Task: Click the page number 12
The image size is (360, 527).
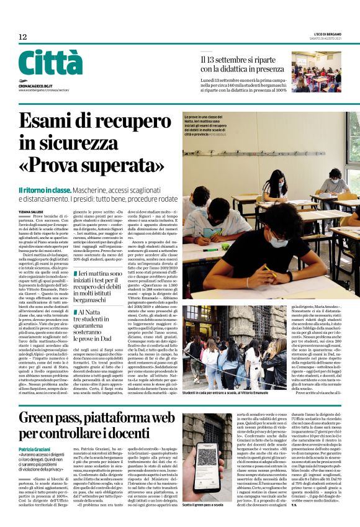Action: click(x=23, y=37)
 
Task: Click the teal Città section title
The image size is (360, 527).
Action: click(x=50, y=63)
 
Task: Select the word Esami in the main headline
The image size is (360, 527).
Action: click(x=53, y=123)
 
